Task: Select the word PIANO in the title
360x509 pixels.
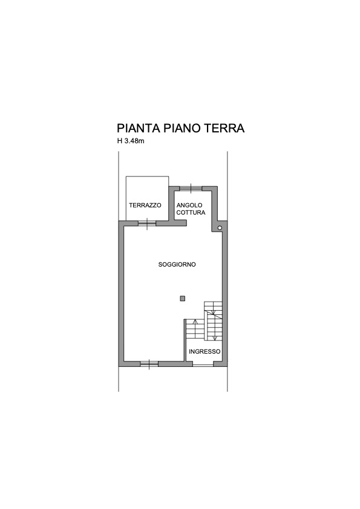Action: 182,128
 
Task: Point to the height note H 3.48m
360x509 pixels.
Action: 131,141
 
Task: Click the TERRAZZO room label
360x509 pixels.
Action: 145,205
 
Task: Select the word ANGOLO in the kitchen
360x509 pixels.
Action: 189,205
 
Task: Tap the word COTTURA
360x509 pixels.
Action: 191,213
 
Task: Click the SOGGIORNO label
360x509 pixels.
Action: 177,265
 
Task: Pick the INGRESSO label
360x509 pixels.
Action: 205,352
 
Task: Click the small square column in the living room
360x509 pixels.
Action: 183,298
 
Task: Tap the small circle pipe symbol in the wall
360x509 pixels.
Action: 220,228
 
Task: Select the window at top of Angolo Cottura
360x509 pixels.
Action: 191,188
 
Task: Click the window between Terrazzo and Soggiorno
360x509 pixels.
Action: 147,223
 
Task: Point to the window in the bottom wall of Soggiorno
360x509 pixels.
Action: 149,364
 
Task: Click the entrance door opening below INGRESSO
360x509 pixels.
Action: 203,365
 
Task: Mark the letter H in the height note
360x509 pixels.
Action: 120,141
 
